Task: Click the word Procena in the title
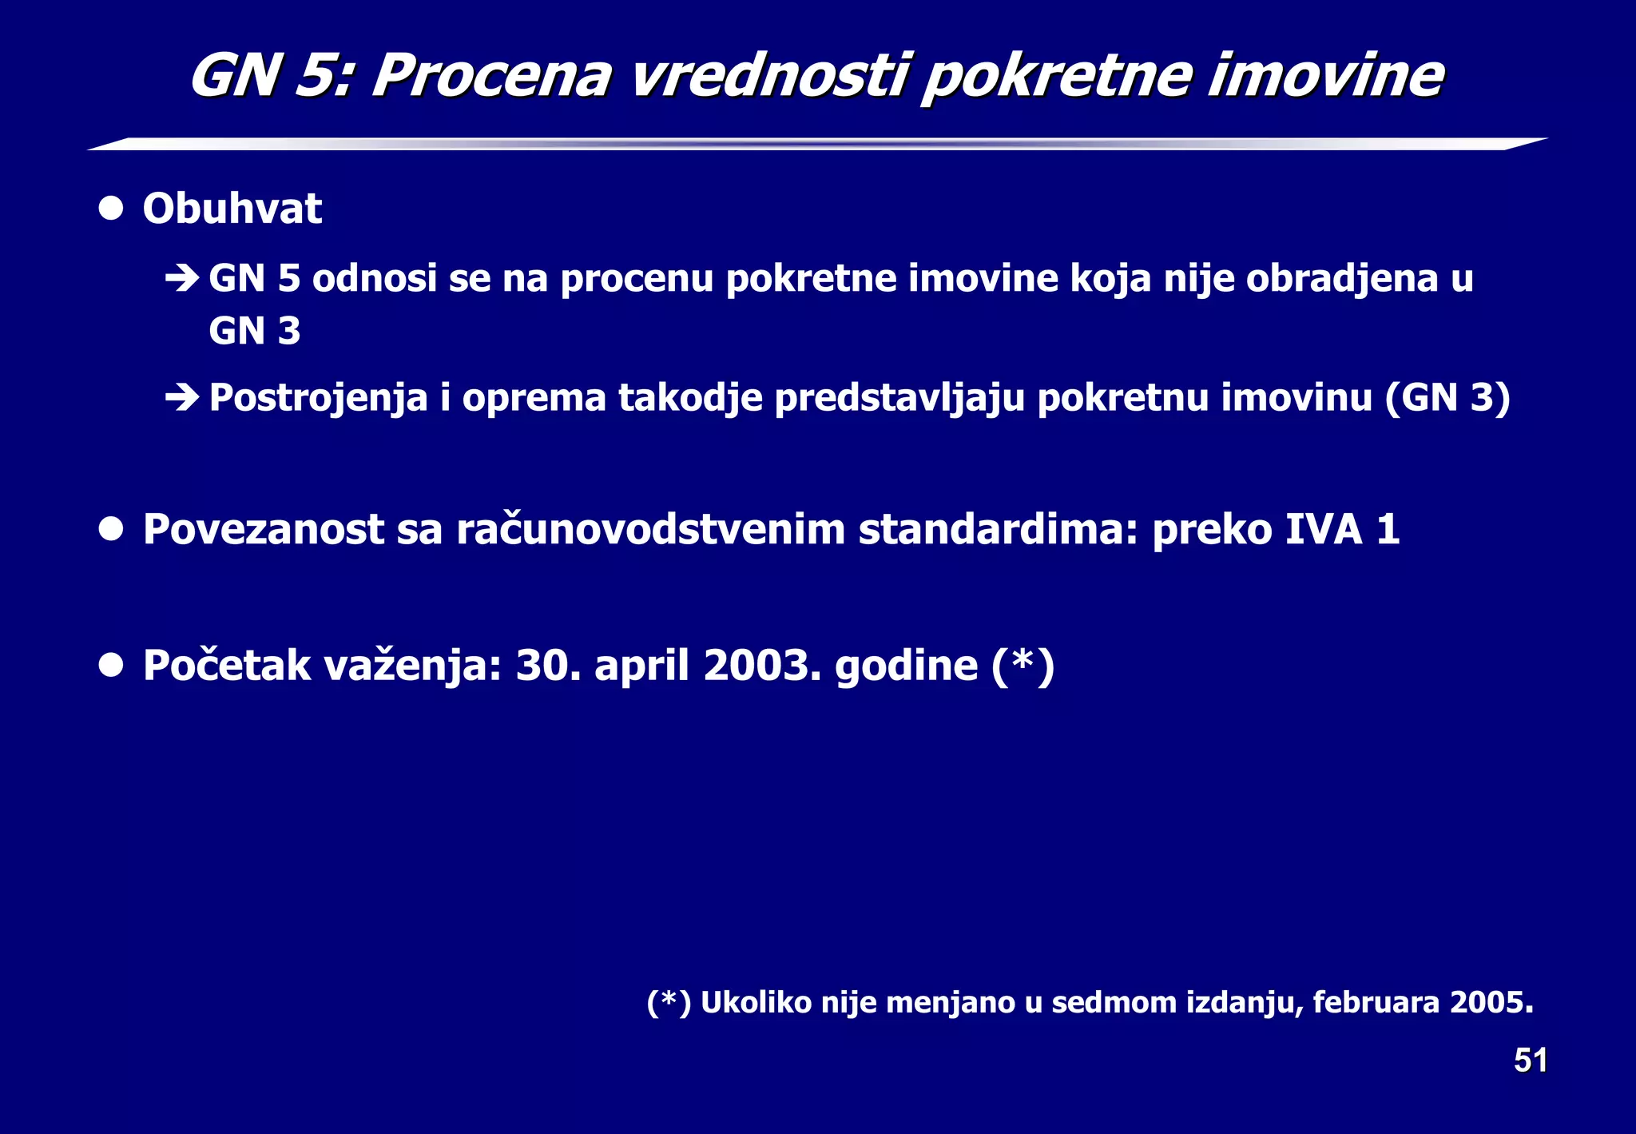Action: pyautogui.click(x=491, y=77)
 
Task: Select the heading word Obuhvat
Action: pyautogui.click(x=232, y=209)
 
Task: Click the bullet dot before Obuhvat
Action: pyautogui.click(x=111, y=209)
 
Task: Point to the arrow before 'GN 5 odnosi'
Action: pyautogui.click(x=181, y=279)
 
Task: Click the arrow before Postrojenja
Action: pyautogui.click(x=181, y=397)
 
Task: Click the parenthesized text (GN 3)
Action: pyautogui.click(x=1447, y=397)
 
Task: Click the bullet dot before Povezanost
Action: pyautogui.click(x=111, y=529)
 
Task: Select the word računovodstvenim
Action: pyautogui.click(x=650, y=530)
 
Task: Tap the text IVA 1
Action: pyautogui.click(x=1342, y=530)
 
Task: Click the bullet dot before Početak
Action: pyautogui.click(x=111, y=665)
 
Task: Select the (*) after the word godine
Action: pyautogui.click(x=1022, y=665)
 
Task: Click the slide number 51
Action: pyautogui.click(x=1530, y=1060)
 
